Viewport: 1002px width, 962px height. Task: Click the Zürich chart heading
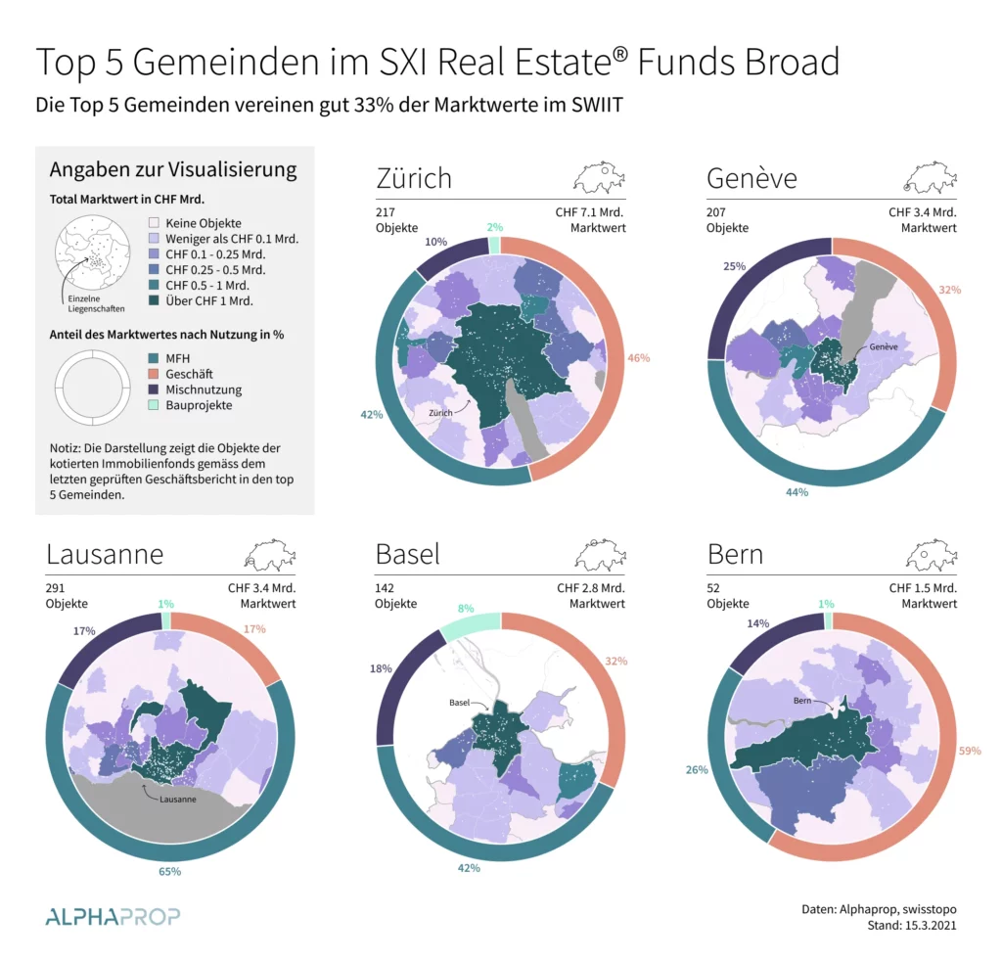click(x=414, y=178)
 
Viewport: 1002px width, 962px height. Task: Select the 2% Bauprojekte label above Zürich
click(x=494, y=227)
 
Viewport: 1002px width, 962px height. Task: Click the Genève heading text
click(x=751, y=178)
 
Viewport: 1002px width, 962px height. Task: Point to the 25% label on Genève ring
click(x=734, y=266)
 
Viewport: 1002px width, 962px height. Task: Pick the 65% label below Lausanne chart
click(x=170, y=871)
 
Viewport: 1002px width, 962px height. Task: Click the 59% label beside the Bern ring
click(x=969, y=751)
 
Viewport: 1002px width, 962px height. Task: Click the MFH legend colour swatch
click(x=155, y=358)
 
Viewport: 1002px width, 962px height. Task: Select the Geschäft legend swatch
click(x=155, y=374)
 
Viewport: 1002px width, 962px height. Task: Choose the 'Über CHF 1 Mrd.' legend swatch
click(x=155, y=301)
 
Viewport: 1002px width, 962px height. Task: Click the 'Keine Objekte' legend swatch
click(x=155, y=223)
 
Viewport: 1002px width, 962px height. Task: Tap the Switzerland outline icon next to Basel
click(x=599, y=556)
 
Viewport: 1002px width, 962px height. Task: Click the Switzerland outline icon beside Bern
click(x=930, y=556)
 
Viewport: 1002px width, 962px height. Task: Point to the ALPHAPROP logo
click(x=113, y=917)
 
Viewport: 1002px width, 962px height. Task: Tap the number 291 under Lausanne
click(x=57, y=588)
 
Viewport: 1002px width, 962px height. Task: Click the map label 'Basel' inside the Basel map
click(x=460, y=703)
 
